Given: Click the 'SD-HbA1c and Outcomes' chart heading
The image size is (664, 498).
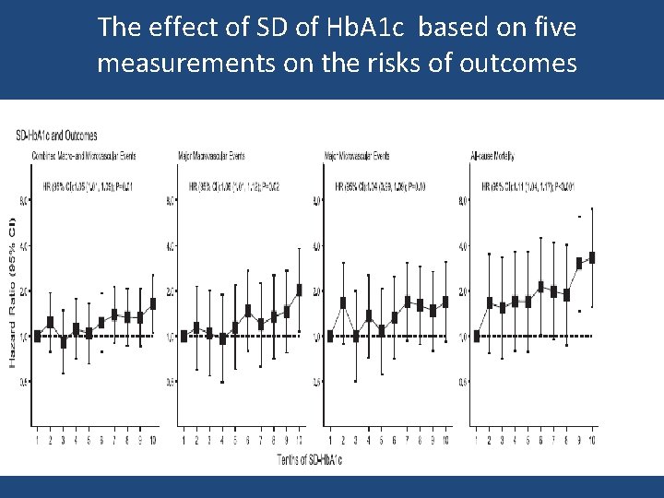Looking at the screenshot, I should [x=57, y=136].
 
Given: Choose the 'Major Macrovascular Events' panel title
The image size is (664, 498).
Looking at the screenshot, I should [x=211, y=155].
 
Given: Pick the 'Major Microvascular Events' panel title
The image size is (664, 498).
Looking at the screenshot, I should [x=357, y=155].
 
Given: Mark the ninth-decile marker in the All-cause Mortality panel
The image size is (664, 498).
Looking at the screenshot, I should [x=580, y=263].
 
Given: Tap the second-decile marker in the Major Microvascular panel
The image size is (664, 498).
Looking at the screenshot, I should [x=343, y=302].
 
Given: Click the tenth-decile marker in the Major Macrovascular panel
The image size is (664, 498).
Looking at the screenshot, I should [x=299, y=289].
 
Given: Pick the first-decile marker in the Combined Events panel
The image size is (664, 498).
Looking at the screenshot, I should [x=37, y=336].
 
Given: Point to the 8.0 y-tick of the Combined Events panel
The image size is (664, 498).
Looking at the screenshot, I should [x=25, y=200].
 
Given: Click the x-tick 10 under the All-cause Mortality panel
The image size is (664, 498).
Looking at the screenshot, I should [x=592, y=443].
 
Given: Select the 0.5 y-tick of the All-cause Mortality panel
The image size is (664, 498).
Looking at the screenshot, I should [x=463, y=382].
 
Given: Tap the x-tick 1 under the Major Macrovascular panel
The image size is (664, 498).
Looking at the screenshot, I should [x=184, y=443].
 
